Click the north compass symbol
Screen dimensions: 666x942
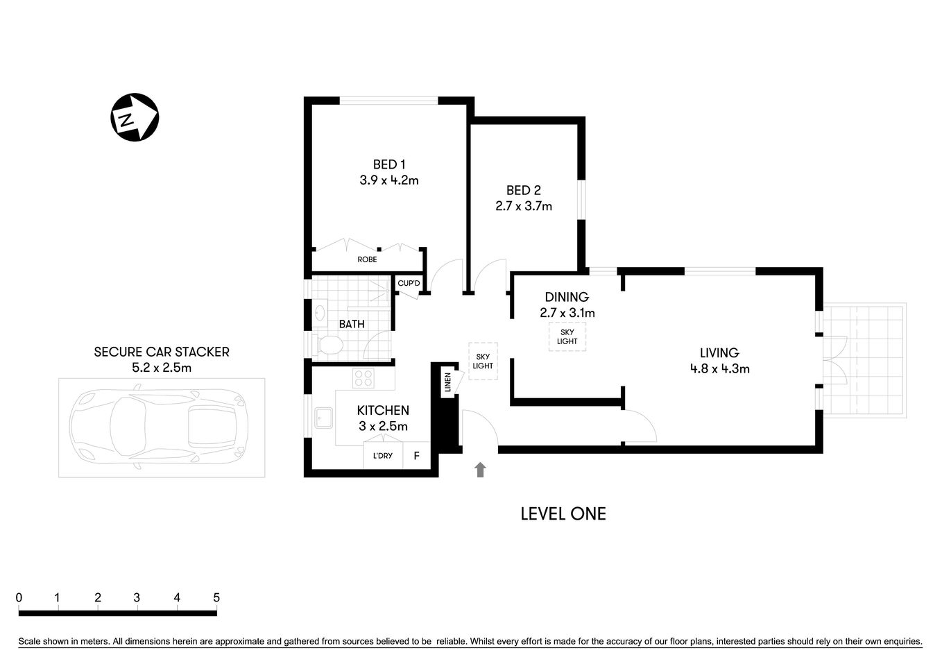coord(135,117)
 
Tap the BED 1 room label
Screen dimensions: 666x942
coord(388,164)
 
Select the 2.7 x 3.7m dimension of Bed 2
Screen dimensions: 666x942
coord(523,206)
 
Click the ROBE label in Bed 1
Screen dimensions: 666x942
coord(367,259)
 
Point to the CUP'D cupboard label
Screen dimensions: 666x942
coord(409,283)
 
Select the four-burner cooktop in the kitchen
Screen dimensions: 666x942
coord(363,378)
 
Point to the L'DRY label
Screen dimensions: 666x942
coord(382,456)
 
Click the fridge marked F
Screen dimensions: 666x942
coord(416,456)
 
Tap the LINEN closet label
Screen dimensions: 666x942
coord(447,383)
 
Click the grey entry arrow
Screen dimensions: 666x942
coord(480,470)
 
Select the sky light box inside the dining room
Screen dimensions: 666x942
coord(567,336)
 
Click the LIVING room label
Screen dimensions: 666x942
coord(719,353)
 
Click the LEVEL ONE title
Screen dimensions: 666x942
coord(563,514)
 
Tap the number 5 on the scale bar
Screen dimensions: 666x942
coord(216,597)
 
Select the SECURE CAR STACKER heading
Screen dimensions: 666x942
coord(162,352)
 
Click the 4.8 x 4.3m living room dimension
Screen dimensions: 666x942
coord(719,369)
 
